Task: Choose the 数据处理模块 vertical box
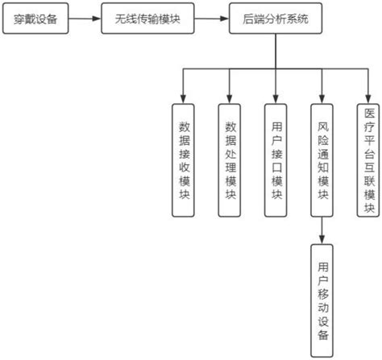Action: point(230,160)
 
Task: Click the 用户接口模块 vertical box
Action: point(276,160)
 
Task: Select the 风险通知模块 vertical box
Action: point(323,160)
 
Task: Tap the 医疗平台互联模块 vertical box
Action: point(369,160)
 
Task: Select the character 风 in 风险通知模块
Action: point(323,128)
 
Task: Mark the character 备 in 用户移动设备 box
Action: point(323,334)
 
